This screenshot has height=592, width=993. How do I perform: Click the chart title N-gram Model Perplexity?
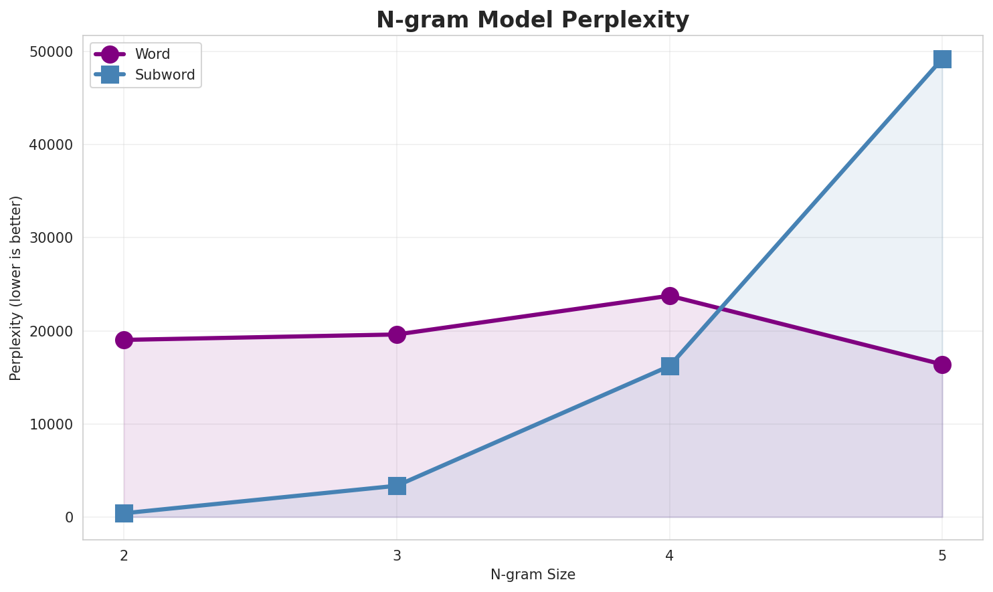[x=532, y=20]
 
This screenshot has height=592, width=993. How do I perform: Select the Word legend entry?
[x=152, y=54]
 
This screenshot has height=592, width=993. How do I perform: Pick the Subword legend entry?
[x=165, y=75]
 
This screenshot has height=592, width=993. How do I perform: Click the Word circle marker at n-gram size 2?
[x=124, y=340]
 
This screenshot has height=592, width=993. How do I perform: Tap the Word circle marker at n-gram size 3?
[x=397, y=334]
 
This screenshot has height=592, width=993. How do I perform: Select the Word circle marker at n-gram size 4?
[x=670, y=296]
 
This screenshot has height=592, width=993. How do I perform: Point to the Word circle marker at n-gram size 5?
[x=942, y=365]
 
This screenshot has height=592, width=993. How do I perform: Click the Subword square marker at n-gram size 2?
[x=124, y=513]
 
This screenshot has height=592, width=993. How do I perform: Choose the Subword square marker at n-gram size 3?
[x=397, y=486]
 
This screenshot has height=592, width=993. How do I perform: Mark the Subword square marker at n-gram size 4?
[x=670, y=366]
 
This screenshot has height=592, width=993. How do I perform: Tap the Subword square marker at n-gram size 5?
[x=942, y=59]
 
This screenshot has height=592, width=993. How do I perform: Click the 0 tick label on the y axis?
[x=70, y=518]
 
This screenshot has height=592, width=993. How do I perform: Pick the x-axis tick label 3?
[x=397, y=555]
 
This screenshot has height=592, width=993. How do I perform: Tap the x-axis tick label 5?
[x=942, y=555]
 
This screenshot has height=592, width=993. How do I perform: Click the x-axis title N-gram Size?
[x=533, y=575]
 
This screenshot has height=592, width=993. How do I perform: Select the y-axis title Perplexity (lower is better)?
[x=16, y=288]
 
